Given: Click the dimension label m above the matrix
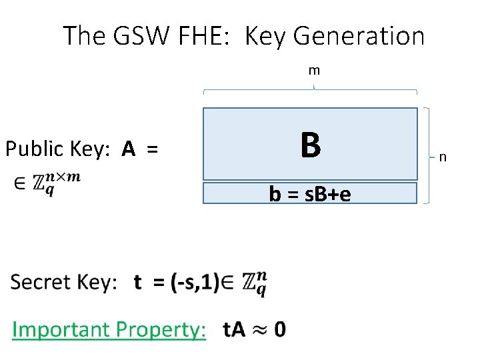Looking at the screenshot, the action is tap(313, 70).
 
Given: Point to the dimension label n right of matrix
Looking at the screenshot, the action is tap(442, 157).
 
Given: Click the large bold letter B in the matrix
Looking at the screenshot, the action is tap(310, 145).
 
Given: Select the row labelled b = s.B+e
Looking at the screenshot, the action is tap(310, 194).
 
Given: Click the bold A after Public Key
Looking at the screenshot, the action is tap(129, 149).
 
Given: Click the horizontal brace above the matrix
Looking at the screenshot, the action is tap(310, 90).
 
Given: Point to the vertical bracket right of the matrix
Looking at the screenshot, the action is tap(427, 155).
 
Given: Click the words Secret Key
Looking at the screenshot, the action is tap(63, 282).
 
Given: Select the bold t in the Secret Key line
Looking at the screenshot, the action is tap(138, 282).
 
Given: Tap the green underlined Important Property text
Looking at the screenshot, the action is tap(109, 329).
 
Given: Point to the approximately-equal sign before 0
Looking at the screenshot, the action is tap(259, 329).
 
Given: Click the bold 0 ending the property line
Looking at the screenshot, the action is tap(280, 329).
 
